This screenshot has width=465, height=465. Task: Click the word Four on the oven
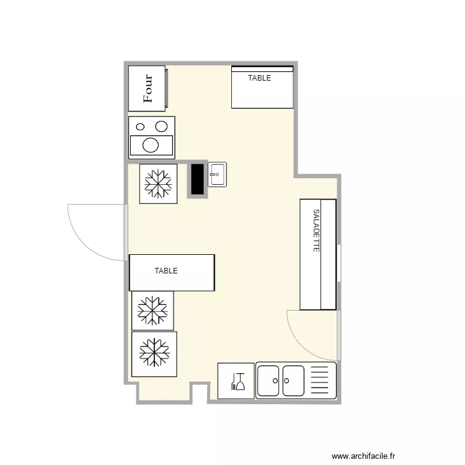[x=148, y=89]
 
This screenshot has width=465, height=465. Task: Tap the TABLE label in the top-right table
[x=260, y=78]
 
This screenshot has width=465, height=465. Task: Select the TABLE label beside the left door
[x=166, y=271]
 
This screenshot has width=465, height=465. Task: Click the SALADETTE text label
[x=316, y=231]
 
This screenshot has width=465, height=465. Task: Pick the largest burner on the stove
[x=151, y=145]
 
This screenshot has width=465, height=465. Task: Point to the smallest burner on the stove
[x=140, y=127]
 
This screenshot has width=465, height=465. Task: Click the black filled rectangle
[x=198, y=179]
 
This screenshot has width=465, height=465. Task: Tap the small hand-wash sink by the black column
[x=218, y=174]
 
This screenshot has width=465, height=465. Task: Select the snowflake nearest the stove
[x=158, y=184]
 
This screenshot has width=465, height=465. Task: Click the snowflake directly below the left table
[x=153, y=311]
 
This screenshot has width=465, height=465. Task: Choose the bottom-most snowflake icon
[x=154, y=353]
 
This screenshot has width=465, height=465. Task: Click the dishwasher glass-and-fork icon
[x=238, y=382]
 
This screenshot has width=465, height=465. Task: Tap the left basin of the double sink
[x=268, y=381]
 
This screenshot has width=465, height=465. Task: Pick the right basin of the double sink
[x=293, y=381]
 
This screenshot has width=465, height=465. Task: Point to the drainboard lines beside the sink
[x=320, y=380]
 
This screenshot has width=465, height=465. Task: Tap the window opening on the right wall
[x=339, y=263]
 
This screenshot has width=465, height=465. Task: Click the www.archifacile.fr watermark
[x=363, y=456]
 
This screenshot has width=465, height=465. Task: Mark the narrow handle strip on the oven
[x=167, y=89]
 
